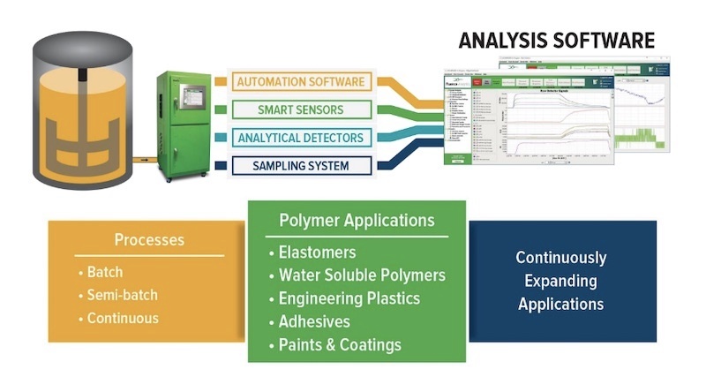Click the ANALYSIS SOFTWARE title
tap(556, 41)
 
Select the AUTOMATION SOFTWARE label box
tap(301, 82)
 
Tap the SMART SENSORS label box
tap(301, 110)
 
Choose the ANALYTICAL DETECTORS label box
tap(301, 138)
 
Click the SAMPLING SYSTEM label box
tap(301, 165)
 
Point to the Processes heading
tap(149, 240)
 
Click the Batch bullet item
tap(104, 272)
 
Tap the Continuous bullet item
tap(123, 318)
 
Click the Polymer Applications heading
tap(357, 221)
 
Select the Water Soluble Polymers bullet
tap(362, 275)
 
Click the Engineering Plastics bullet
tap(349, 298)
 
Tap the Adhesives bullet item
tap(313, 321)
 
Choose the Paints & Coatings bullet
tap(340, 344)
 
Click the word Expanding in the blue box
tap(561, 281)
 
